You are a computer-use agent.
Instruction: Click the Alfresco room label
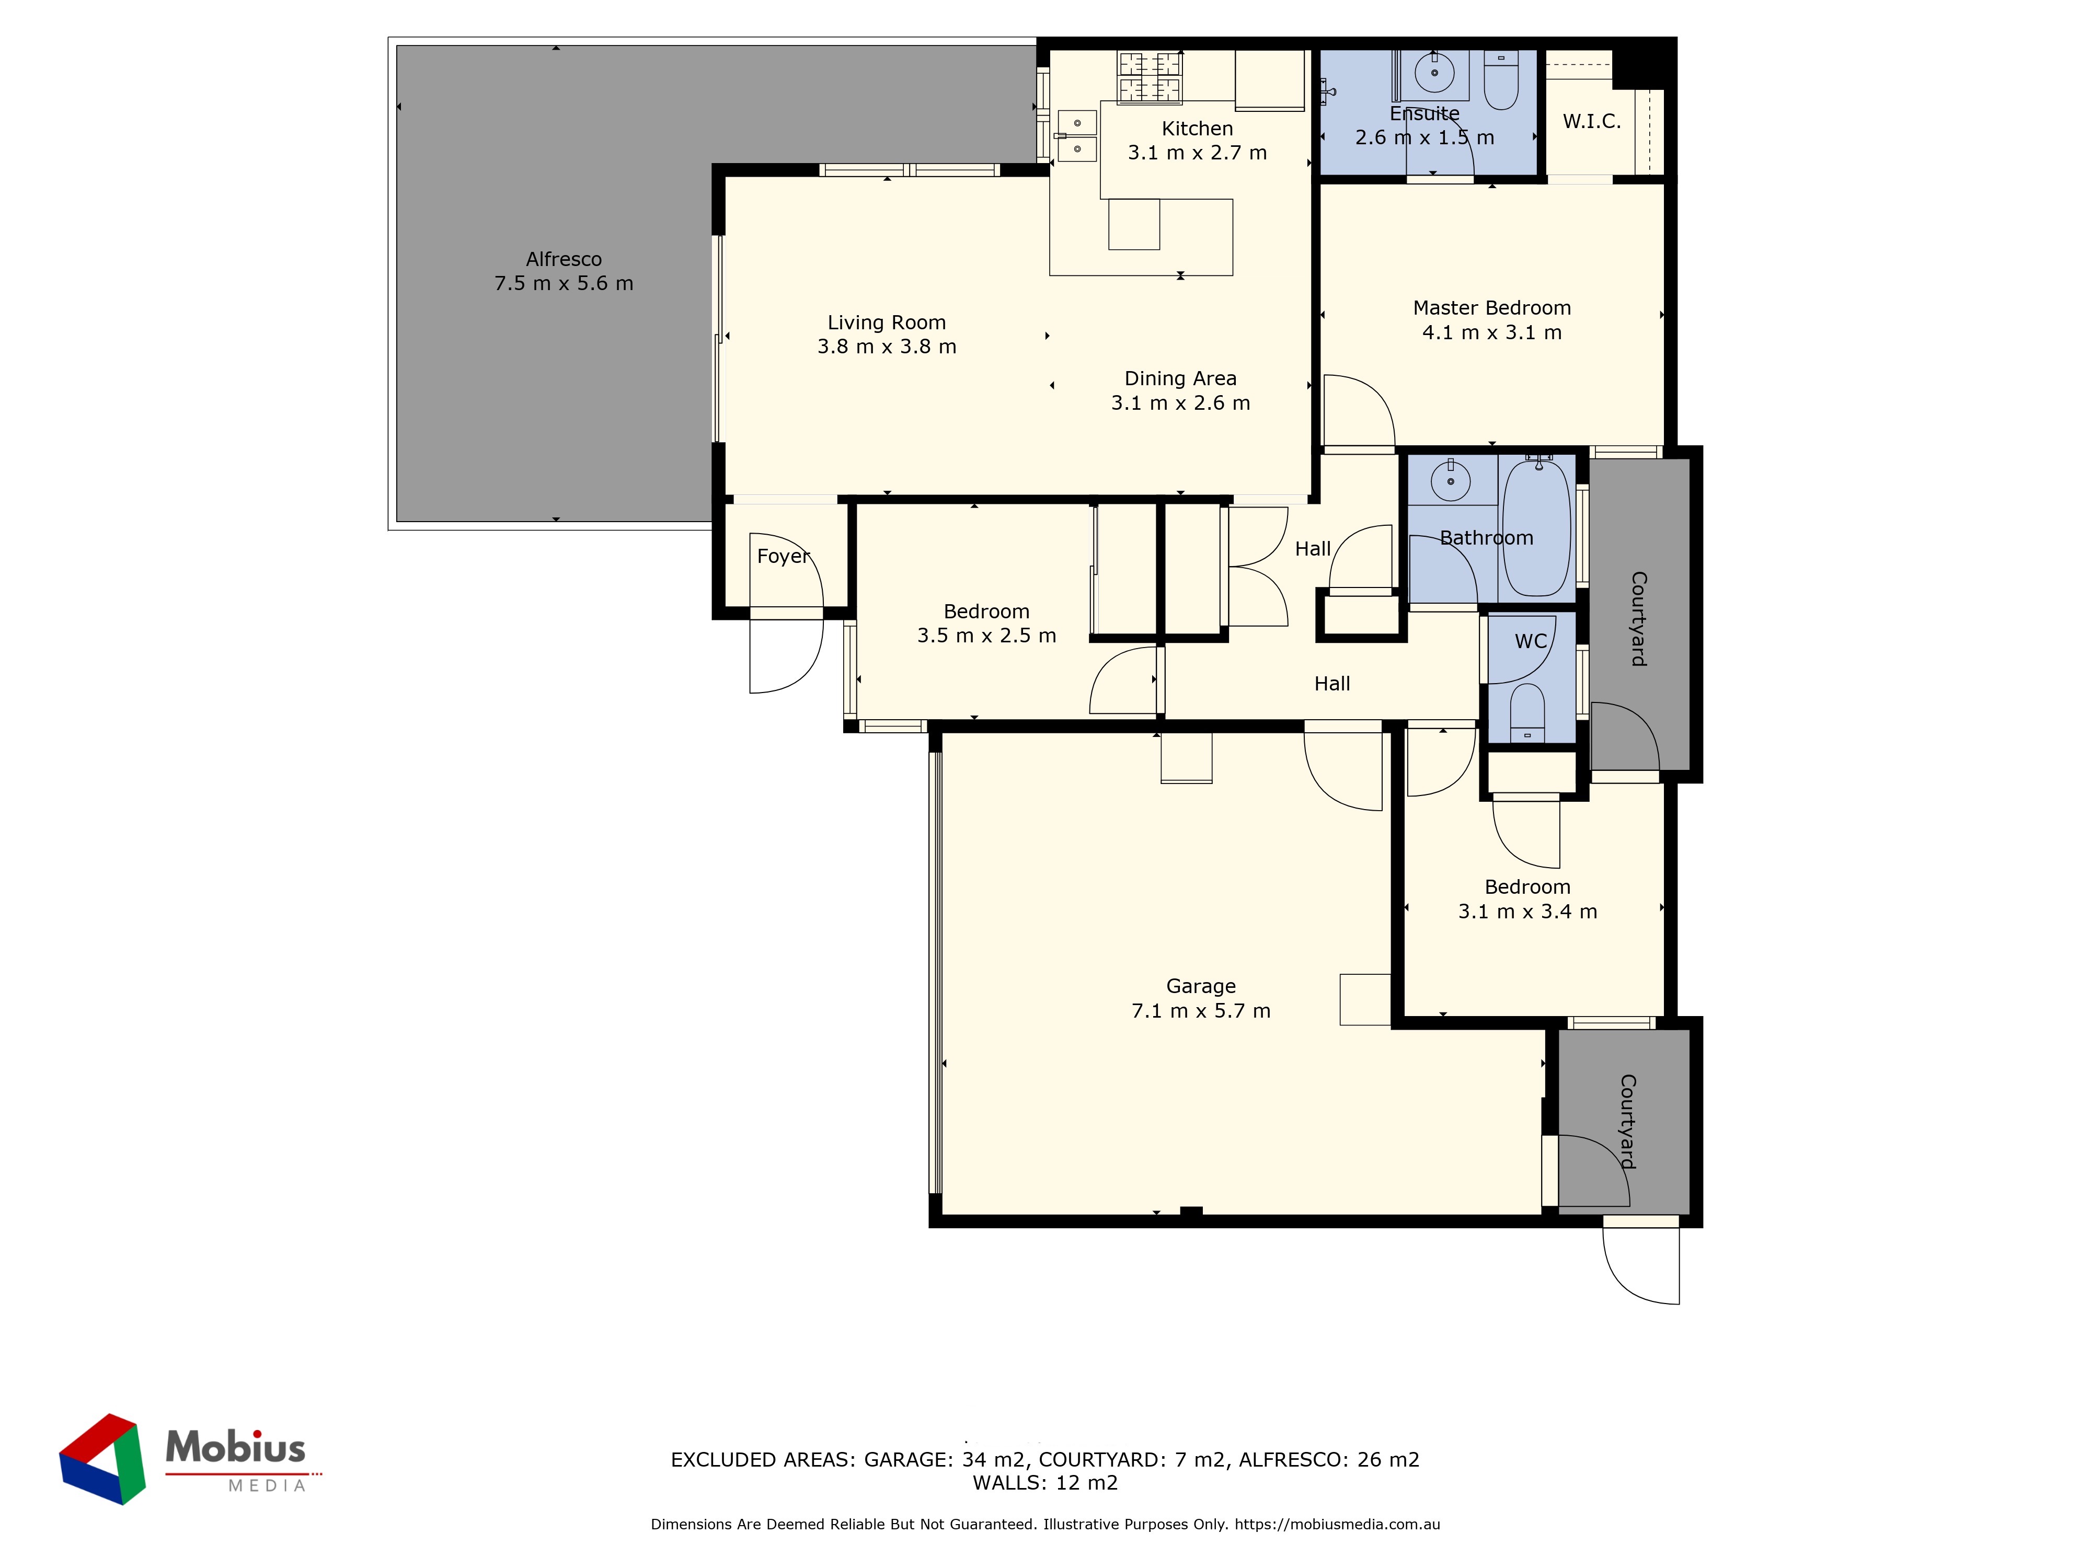pyautogui.click(x=564, y=259)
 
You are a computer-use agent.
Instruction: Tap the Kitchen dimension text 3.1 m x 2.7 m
pyautogui.click(x=1197, y=152)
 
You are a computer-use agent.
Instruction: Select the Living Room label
pyautogui.click(x=887, y=323)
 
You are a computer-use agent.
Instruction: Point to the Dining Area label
pyautogui.click(x=1180, y=378)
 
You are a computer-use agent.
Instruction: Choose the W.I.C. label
pyautogui.click(x=1592, y=121)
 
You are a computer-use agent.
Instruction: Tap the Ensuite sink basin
pyautogui.click(x=1434, y=72)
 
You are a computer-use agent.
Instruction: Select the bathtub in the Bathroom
pyautogui.click(x=1536, y=527)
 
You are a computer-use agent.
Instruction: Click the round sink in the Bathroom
pyautogui.click(x=1450, y=481)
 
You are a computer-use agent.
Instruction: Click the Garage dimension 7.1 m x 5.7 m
pyautogui.click(x=1201, y=1010)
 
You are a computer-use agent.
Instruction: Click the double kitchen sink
pyautogui.click(x=1077, y=136)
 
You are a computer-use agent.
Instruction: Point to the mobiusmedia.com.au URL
pyautogui.click(x=1337, y=1524)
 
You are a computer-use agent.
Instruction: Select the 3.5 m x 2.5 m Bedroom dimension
pyautogui.click(x=986, y=635)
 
